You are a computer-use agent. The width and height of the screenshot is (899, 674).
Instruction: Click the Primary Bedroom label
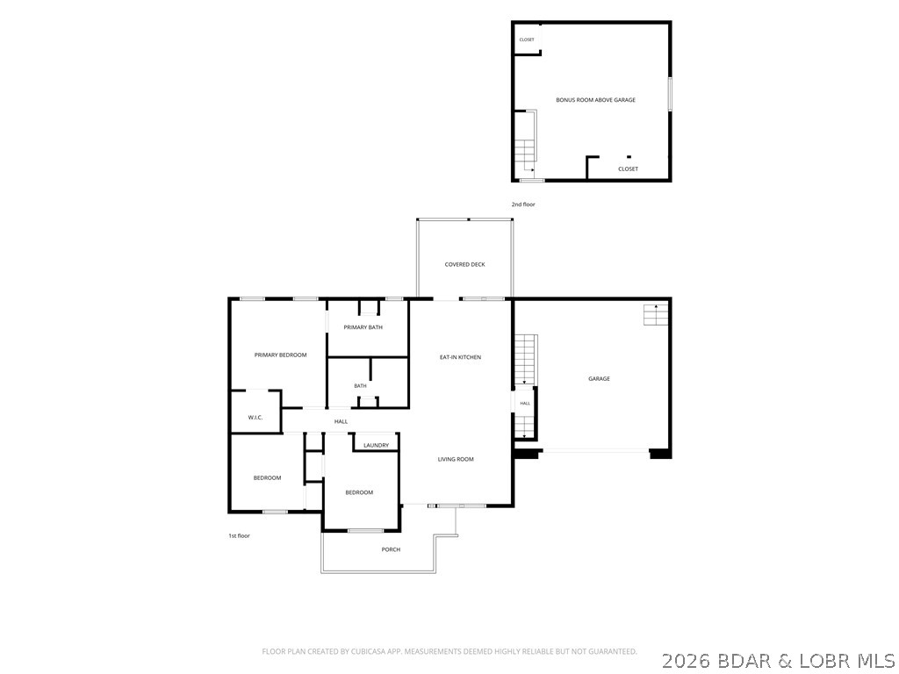coord(280,355)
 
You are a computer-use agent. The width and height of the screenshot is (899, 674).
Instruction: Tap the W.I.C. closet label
coord(255,417)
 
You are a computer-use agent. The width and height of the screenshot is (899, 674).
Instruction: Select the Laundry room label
coord(376,445)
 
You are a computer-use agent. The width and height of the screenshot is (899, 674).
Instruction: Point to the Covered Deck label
coord(465,264)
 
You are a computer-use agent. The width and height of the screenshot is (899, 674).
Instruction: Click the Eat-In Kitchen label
coord(460,357)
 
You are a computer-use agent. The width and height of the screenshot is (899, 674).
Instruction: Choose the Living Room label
coord(456,459)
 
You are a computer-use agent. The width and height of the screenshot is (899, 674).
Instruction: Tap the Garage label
coord(599,378)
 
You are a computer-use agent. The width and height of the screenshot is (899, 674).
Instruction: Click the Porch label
coord(391,549)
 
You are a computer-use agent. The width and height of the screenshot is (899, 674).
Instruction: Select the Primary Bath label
coord(363,327)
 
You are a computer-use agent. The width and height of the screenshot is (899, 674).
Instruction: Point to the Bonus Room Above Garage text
coord(596,100)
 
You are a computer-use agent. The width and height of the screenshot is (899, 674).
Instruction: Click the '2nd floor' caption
coord(523,204)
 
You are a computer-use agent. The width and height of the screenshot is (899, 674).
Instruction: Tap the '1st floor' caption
coord(239,536)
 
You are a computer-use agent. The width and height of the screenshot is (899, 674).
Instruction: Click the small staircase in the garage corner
coord(656,315)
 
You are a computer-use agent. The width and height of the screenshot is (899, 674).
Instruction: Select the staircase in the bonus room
coord(525,147)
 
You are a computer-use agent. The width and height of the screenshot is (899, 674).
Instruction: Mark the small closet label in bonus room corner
coord(527,39)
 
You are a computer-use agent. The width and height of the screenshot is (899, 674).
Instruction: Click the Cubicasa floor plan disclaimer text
coord(449,652)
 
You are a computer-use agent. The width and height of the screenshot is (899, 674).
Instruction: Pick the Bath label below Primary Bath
coord(360,386)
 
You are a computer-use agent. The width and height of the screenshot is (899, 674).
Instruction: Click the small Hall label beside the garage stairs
coord(525,404)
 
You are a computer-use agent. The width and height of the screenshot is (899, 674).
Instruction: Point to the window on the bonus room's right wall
coord(670,94)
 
